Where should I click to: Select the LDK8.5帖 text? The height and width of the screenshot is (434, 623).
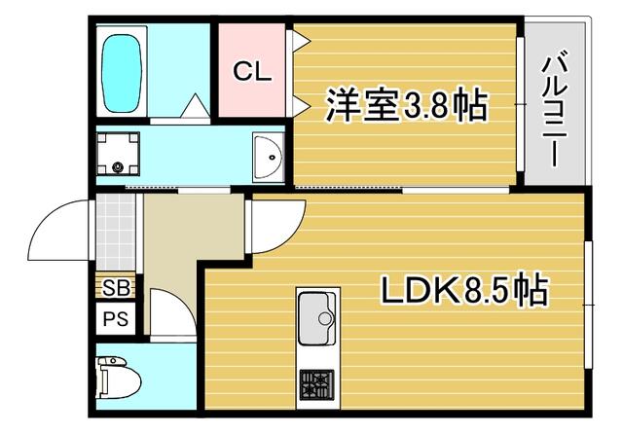pyautogui.click(x=460, y=289)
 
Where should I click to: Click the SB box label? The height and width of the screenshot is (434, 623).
pyautogui.click(x=117, y=288)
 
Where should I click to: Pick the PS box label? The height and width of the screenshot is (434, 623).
pyautogui.click(x=117, y=318)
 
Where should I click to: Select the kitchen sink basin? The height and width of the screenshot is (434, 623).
pyautogui.click(x=315, y=318)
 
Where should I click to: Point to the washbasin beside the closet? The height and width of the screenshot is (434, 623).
pyautogui.click(x=266, y=156)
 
